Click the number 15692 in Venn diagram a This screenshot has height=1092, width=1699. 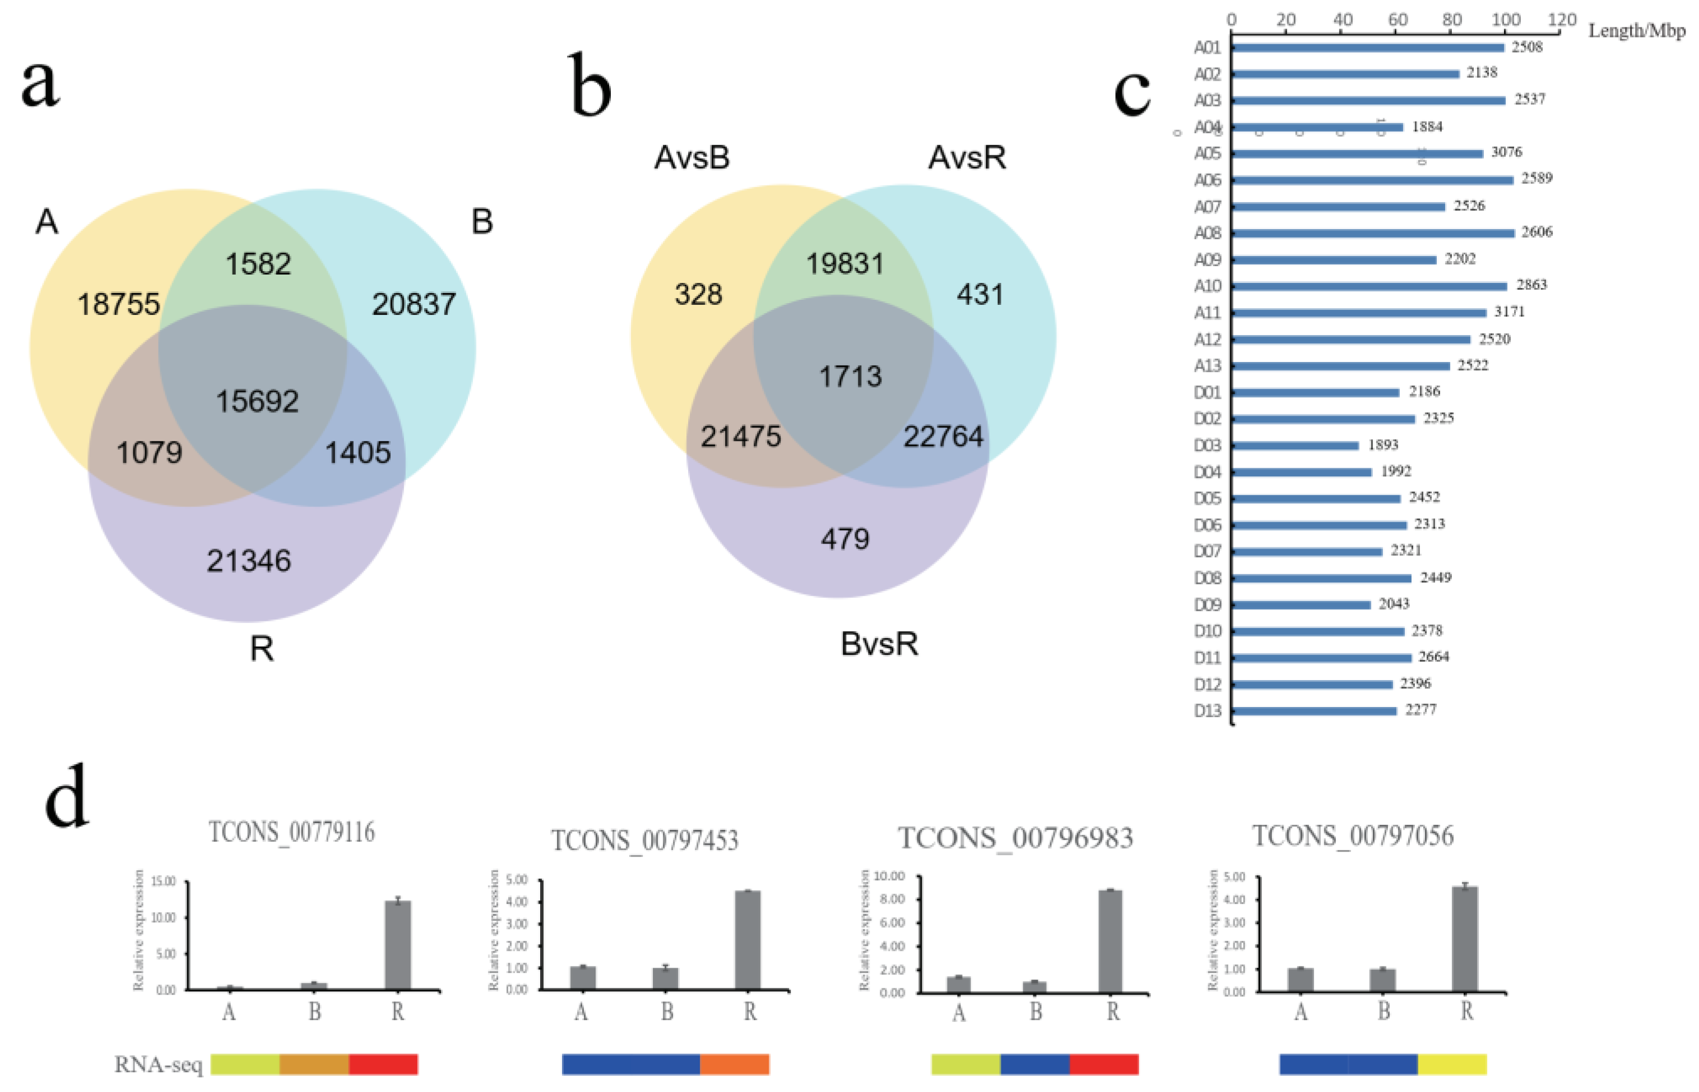click(257, 401)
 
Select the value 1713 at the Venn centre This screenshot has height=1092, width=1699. click(850, 376)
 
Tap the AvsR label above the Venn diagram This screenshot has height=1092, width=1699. click(967, 157)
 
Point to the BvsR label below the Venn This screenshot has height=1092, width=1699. click(879, 644)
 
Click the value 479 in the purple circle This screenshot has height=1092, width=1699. click(844, 540)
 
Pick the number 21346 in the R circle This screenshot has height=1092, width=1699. click(248, 561)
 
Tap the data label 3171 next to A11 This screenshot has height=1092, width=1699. click(1509, 312)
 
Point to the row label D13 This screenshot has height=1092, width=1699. click(1207, 710)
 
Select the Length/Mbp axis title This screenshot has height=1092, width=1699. click(1636, 30)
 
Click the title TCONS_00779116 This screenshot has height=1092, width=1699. click(291, 832)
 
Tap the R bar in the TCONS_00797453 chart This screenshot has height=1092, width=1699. click(748, 940)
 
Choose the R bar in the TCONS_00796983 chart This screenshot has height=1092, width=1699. click(1110, 941)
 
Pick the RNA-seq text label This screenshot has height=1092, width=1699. click(158, 1065)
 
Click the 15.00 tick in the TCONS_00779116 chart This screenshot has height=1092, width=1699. click(164, 881)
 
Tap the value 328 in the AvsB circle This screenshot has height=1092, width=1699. click(698, 294)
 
